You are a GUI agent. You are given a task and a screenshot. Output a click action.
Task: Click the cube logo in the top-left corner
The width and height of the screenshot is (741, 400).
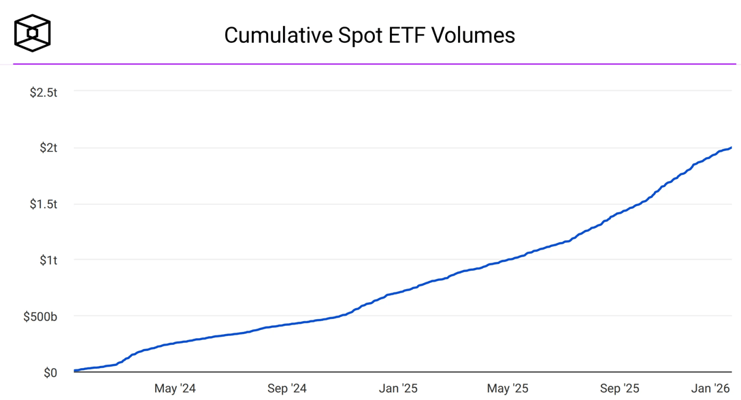coord(33,33)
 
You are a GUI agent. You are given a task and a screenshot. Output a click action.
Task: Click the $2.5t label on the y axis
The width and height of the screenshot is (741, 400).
coord(44,92)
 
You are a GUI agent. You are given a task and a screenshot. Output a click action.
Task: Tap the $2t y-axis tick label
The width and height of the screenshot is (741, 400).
coord(48,148)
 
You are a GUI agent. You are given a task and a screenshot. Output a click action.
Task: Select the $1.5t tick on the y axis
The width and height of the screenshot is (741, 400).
coord(44,204)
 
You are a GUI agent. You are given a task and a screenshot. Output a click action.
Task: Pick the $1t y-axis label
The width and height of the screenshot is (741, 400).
coord(48,260)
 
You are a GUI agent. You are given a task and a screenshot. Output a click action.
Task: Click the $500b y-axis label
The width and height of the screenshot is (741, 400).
coord(41,316)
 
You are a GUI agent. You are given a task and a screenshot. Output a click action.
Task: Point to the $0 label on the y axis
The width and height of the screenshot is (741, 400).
coord(50,373)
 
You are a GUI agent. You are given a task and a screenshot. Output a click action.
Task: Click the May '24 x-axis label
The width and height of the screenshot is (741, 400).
coord(175,388)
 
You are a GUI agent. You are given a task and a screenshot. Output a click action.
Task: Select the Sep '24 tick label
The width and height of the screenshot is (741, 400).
coord(286,388)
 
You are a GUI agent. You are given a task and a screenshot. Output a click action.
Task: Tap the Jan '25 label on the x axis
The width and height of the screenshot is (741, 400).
coord(398,388)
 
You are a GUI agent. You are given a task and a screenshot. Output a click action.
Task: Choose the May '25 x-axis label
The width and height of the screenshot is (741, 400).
coord(508,388)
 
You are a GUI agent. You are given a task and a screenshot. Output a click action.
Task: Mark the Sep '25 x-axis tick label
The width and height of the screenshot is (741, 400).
coord(619,388)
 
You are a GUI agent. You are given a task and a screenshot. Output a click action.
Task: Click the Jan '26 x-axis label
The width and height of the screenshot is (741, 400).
coord(710,388)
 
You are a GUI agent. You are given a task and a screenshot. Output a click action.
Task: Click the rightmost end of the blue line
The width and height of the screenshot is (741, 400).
coord(731,148)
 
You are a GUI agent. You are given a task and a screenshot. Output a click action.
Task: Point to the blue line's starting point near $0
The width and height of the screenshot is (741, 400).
coord(75,371)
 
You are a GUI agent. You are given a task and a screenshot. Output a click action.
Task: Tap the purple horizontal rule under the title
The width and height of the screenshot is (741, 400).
coord(374,64)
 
